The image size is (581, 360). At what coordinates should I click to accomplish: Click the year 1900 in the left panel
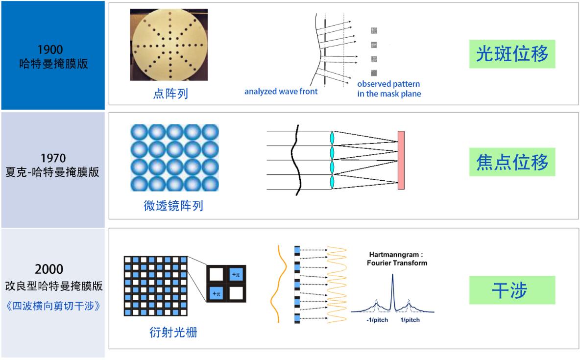pyautogui.click(x=50, y=49)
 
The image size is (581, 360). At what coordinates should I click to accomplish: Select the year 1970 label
pyautogui.click(x=53, y=158)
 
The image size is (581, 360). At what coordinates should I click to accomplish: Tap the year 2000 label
pyautogui.click(x=49, y=269)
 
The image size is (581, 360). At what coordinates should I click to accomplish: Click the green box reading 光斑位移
pyautogui.click(x=512, y=54)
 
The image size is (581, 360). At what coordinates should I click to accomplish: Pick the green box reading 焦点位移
pyautogui.click(x=512, y=162)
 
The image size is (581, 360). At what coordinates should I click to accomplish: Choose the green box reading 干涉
pyautogui.click(x=512, y=290)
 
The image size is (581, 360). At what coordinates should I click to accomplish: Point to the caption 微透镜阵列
pyautogui.click(x=173, y=206)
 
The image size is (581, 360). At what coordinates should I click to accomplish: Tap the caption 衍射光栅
pyautogui.click(x=173, y=333)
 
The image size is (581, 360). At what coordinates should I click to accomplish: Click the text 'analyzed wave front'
pyautogui.click(x=281, y=91)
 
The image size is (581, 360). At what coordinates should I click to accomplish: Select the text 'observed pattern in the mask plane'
pyautogui.click(x=389, y=89)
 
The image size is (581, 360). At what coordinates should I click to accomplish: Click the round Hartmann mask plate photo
pyautogui.click(x=169, y=45)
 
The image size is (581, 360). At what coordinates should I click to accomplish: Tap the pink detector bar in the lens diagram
pyautogui.click(x=401, y=160)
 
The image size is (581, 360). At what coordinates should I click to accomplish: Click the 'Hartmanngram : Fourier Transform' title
pyautogui.click(x=397, y=259)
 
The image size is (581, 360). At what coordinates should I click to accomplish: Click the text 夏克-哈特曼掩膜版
pyautogui.click(x=52, y=172)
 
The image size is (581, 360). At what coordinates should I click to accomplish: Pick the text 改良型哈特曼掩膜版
pyautogui.click(x=54, y=286)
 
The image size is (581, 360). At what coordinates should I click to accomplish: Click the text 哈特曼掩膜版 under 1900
pyautogui.click(x=54, y=64)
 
